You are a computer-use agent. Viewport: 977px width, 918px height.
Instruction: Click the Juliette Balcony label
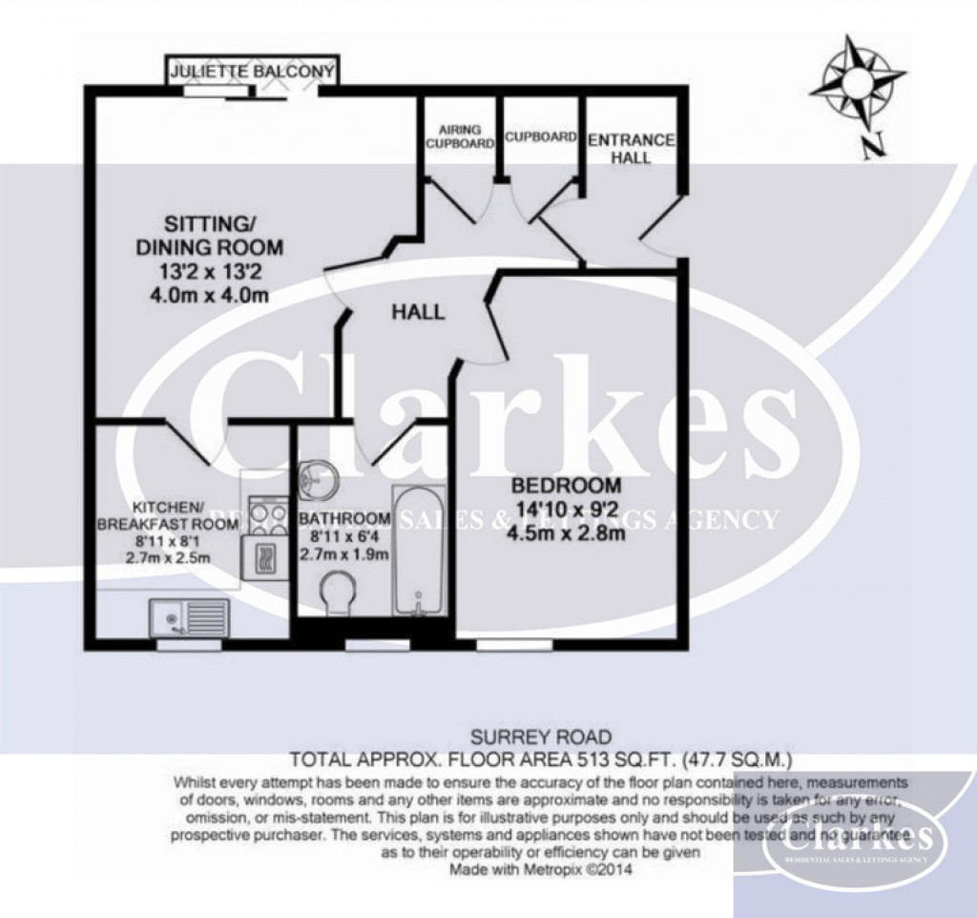252,72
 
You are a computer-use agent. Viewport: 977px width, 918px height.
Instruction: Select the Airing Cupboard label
460,136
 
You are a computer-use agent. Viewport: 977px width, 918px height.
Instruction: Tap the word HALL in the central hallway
418,312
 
